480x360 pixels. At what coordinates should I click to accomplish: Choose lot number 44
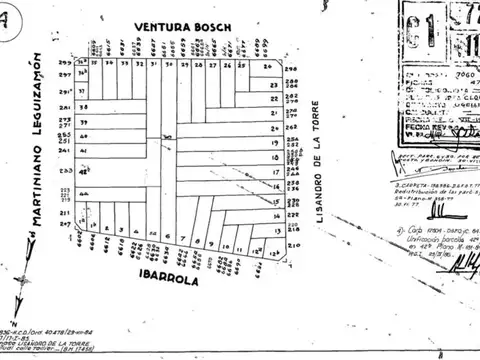point(85,195)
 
